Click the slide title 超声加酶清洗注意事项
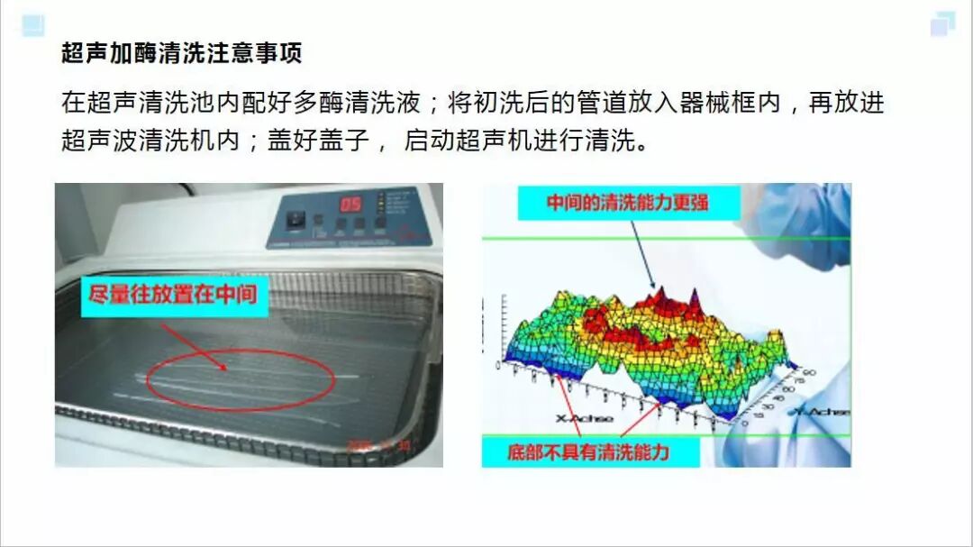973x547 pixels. click(x=181, y=53)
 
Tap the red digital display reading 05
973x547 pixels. click(x=350, y=204)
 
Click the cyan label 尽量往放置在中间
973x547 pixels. click(x=175, y=295)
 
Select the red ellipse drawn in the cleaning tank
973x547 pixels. click(x=241, y=379)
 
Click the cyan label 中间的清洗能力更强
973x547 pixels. click(x=628, y=203)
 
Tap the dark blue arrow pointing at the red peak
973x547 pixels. click(x=641, y=255)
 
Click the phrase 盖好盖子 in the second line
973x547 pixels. click(x=316, y=141)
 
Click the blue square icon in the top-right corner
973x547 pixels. click(x=942, y=24)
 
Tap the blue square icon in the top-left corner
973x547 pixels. click(x=32, y=25)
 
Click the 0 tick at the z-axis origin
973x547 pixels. click(x=496, y=364)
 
